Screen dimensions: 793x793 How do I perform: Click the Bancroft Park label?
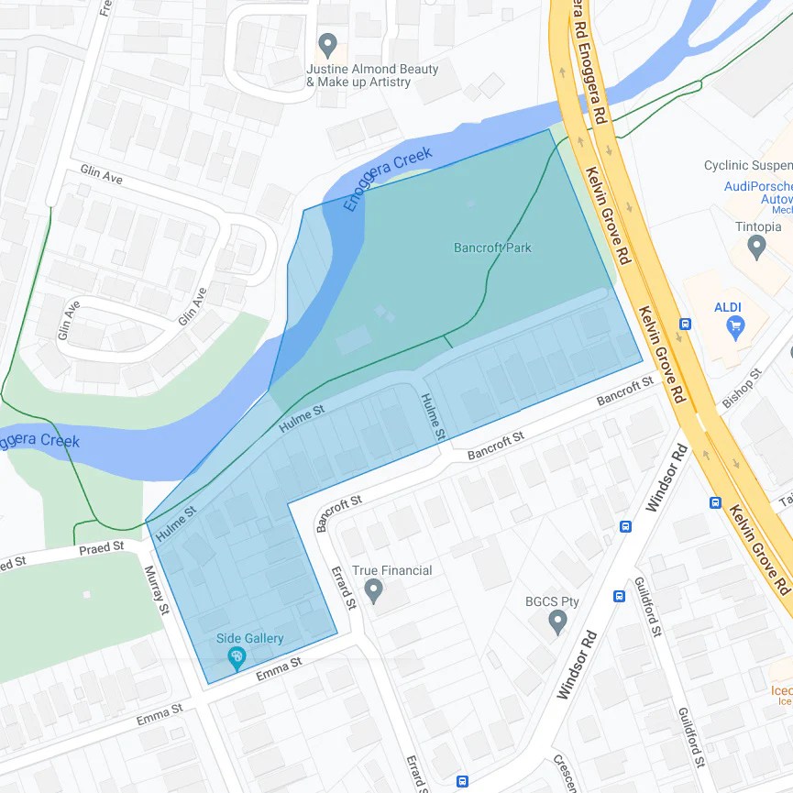coord(492,248)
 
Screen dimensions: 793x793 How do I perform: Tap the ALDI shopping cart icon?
coord(734,325)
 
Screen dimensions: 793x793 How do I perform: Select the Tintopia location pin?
coord(756,247)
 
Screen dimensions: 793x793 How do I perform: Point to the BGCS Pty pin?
coord(557,622)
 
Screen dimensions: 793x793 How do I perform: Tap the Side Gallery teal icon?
coord(237,656)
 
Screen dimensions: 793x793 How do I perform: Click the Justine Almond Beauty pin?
coord(327,44)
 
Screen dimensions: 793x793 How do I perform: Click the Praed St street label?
coord(101,548)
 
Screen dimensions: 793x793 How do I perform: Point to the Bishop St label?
coord(742,388)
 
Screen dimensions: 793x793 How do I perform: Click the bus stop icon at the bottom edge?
coord(462,782)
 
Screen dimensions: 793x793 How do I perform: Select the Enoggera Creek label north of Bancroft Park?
coord(387,181)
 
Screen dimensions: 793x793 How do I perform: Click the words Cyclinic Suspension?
coord(747,166)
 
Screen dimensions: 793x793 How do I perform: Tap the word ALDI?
coord(728,306)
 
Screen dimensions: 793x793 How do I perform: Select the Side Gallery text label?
coord(249,639)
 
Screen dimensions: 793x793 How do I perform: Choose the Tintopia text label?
coord(758,226)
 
